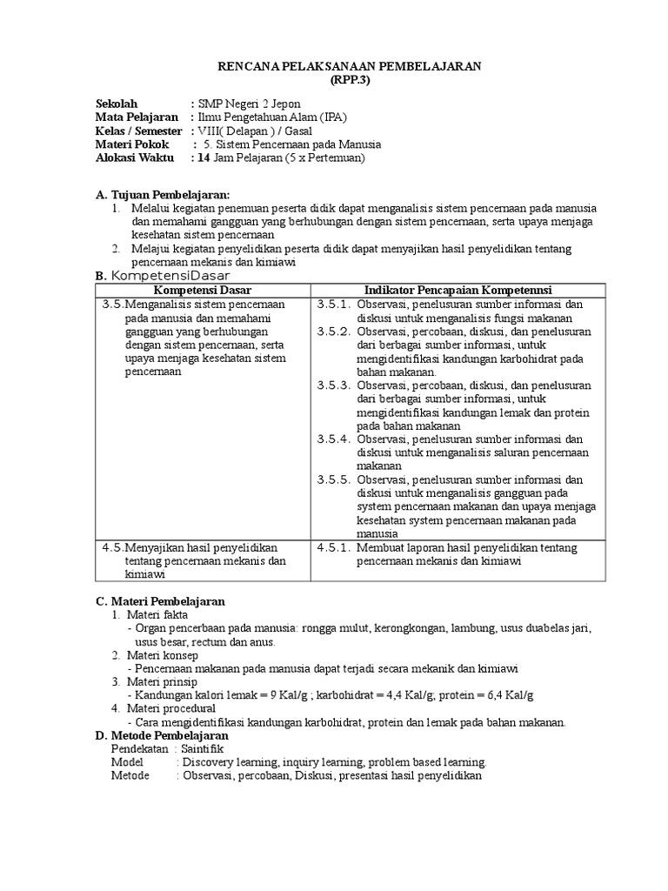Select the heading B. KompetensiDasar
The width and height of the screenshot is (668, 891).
[162, 276]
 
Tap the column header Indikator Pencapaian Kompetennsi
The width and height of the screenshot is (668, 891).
[459, 290]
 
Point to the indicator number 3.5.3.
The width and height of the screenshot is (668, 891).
[333, 385]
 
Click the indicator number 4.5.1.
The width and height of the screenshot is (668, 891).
[333, 547]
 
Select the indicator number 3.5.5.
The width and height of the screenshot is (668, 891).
[333, 479]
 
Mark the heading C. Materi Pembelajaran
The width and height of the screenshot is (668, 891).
[160, 601]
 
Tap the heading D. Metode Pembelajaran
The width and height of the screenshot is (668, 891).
[161, 735]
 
